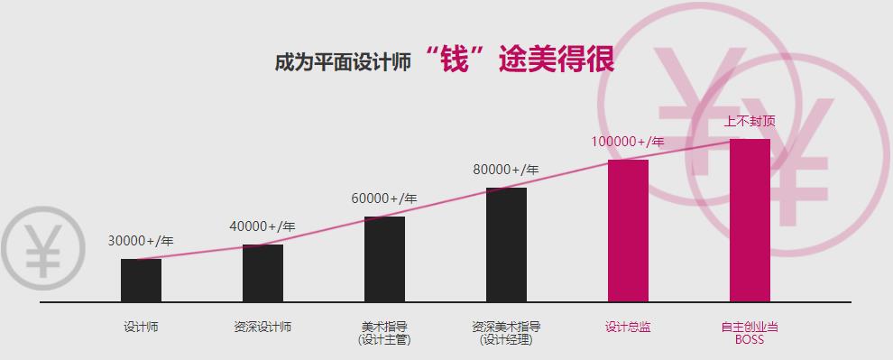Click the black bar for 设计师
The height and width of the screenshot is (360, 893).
(x=141, y=280)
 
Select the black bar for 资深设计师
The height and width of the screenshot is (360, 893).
(x=262, y=272)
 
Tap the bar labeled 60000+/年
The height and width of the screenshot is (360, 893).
(x=384, y=259)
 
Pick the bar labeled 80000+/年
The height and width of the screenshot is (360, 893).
(x=506, y=245)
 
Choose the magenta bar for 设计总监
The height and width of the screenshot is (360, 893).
(x=628, y=230)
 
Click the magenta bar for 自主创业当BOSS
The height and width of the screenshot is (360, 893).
(x=750, y=220)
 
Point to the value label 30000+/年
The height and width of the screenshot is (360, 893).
(x=141, y=241)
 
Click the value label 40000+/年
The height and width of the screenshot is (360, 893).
(x=262, y=226)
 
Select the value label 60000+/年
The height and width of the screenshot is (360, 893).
(x=384, y=198)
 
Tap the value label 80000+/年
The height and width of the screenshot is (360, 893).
(x=506, y=170)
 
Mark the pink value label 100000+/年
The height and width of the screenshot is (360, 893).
(x=628, y=142)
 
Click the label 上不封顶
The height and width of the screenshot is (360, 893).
(x=750, y=121)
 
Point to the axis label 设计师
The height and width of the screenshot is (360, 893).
(x=141, y=327)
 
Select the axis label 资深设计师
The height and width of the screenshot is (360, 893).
(x=262, y=327)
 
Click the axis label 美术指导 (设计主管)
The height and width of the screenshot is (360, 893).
(x=384, y=333)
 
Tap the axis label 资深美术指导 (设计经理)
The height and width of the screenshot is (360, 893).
(x=506, y=333)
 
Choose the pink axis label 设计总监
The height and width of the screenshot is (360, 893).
(x=628, y=327)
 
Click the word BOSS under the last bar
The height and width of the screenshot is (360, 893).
(x=750, y=339)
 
